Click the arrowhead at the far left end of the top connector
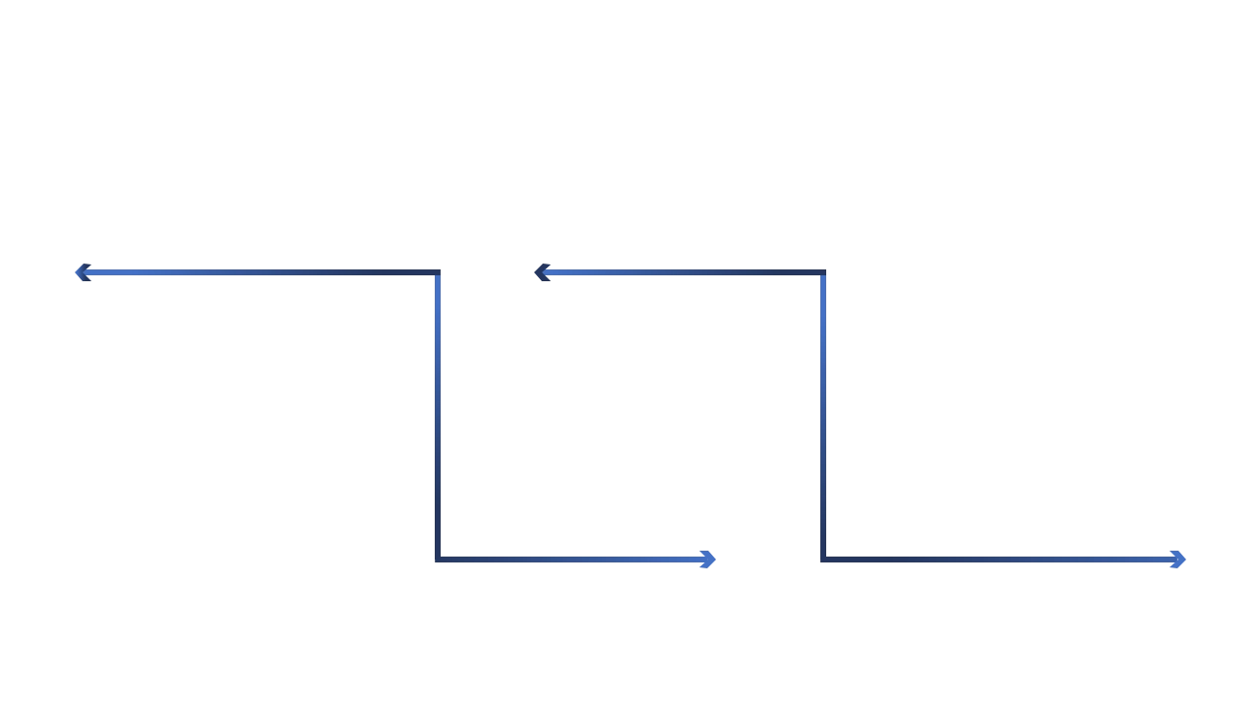(83, 272)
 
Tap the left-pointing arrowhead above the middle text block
(542, 271)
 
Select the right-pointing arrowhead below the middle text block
(704, 560)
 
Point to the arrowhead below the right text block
(1176, 560)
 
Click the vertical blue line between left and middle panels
(437, 413)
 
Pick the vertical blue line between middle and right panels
(822, 413)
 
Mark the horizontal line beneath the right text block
(993, 560)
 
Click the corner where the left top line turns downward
(437, 272)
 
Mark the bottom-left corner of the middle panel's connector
(437, 560)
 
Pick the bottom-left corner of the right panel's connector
(822, 560)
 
